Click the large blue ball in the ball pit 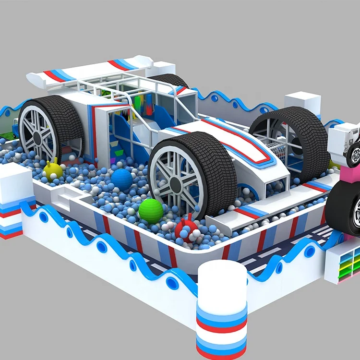click(122, 179)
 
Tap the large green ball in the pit click(151, 211)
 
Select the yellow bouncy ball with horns click(53, 170)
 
